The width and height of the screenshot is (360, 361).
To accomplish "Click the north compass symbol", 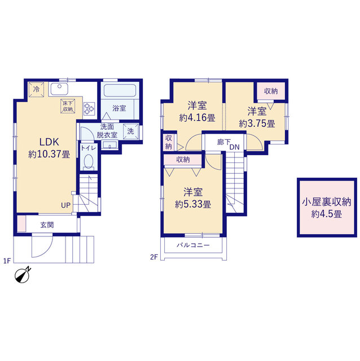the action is point(23,275).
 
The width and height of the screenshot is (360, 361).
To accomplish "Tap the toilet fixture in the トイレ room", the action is point(88,162).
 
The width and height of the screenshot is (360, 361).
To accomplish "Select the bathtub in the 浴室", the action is point(120,90).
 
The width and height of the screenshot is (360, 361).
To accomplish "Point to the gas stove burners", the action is point(89,108).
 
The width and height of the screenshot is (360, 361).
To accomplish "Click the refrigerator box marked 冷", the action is point(36,89).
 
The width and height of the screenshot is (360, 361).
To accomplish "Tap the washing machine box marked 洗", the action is point(130,131).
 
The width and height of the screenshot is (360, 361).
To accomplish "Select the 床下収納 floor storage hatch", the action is point(68,106).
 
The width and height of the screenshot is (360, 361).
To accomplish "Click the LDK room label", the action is point(49,142).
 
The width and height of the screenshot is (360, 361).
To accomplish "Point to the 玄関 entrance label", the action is point(47,225).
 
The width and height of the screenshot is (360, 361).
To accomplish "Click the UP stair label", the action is point(65,205).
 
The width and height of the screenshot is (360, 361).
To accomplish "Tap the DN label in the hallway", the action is point(235,147).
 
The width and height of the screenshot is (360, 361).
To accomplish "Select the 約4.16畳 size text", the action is point(197,118).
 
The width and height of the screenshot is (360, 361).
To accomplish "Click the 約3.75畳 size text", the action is point(257,124).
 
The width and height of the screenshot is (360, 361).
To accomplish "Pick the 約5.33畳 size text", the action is point(193,204).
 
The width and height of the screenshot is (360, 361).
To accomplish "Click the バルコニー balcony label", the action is point(193,245).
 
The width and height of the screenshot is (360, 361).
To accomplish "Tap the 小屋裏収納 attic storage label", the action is point(327,202).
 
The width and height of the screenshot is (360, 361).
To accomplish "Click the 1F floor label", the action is point(7,261).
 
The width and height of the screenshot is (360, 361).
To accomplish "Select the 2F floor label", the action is point(154,257).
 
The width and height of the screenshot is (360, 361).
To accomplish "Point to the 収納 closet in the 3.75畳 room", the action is point(271,91).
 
